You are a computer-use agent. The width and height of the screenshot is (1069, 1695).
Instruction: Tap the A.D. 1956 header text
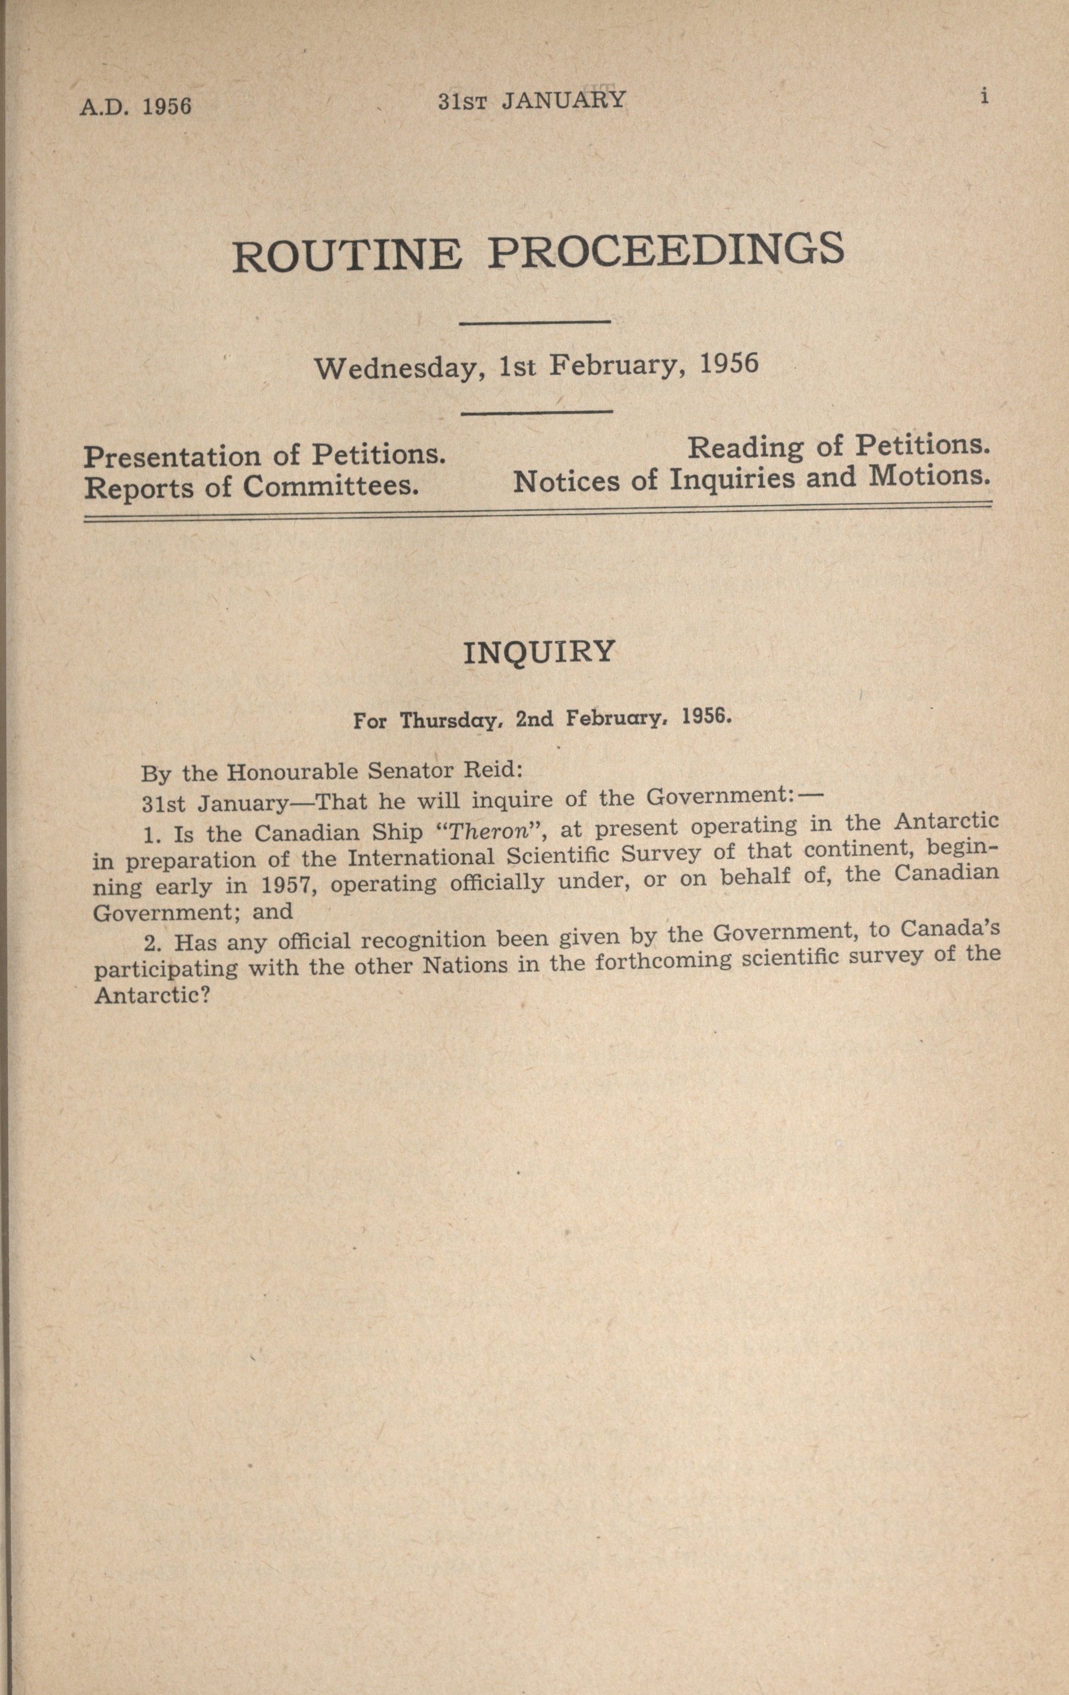135,106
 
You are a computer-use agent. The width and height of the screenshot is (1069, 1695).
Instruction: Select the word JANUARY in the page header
563,100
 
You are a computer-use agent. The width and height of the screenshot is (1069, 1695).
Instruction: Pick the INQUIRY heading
540,652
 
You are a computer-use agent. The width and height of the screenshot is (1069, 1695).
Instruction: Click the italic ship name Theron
488,831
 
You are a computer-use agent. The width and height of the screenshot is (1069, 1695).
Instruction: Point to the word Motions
929,476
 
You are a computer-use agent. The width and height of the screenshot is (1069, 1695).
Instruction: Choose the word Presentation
172,457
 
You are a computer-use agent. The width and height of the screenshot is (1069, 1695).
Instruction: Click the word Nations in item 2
464,964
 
